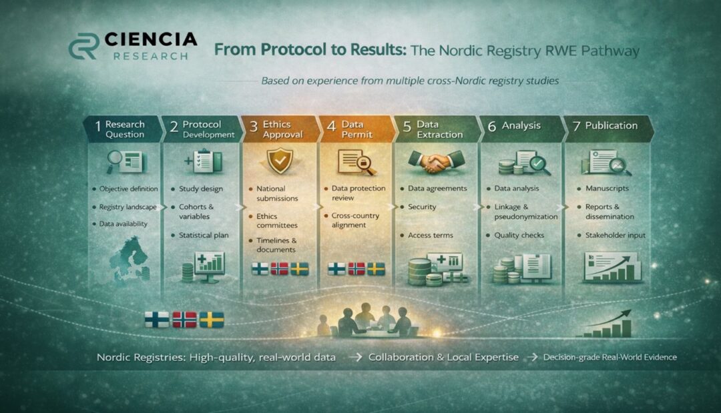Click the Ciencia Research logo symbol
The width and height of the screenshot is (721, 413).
click(x=84, y=46)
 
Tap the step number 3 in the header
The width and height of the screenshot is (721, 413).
click(x=254, y=127)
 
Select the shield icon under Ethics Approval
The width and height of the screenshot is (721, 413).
click(x=280, y=160)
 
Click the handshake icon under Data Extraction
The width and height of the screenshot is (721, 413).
click(x=436, y=161)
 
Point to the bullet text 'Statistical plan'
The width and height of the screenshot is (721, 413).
click(x=204, y=236)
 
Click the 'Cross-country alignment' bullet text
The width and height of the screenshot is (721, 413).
click(x=355, y=220)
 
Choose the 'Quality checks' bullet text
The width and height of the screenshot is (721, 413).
click(x=519, y=236)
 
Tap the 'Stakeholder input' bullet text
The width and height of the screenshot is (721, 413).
click(x=616, y=236)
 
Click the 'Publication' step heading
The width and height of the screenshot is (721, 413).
click(x=611, y=125)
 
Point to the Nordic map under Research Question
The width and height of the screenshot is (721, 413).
click(x=130, y=259)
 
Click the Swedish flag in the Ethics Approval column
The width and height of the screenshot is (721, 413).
click(x=300, y=269)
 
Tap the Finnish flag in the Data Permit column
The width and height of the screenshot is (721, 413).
click(x=336, y=269)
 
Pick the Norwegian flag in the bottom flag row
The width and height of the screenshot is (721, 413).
click(x=184, y=320)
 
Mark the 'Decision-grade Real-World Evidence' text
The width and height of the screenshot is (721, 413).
click(x=610, y=357)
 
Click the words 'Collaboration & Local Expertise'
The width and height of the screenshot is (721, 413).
click(x=443, y=357)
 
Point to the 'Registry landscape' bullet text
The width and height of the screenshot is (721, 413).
click(x=128, y=208)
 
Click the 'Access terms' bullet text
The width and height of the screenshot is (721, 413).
click(x=431, y=236)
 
